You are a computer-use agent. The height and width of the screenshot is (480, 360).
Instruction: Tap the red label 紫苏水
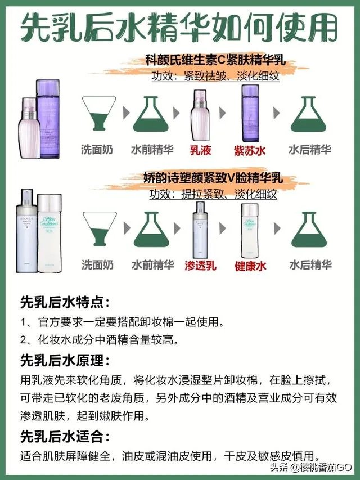(x=249, y=150)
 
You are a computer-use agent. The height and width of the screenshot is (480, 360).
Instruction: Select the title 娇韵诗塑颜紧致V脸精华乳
(x=212, y=180)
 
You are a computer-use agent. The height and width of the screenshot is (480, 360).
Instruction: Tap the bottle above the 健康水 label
(x=249, y=230)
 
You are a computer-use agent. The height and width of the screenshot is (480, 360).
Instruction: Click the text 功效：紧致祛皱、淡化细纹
(x=215, y=76)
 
